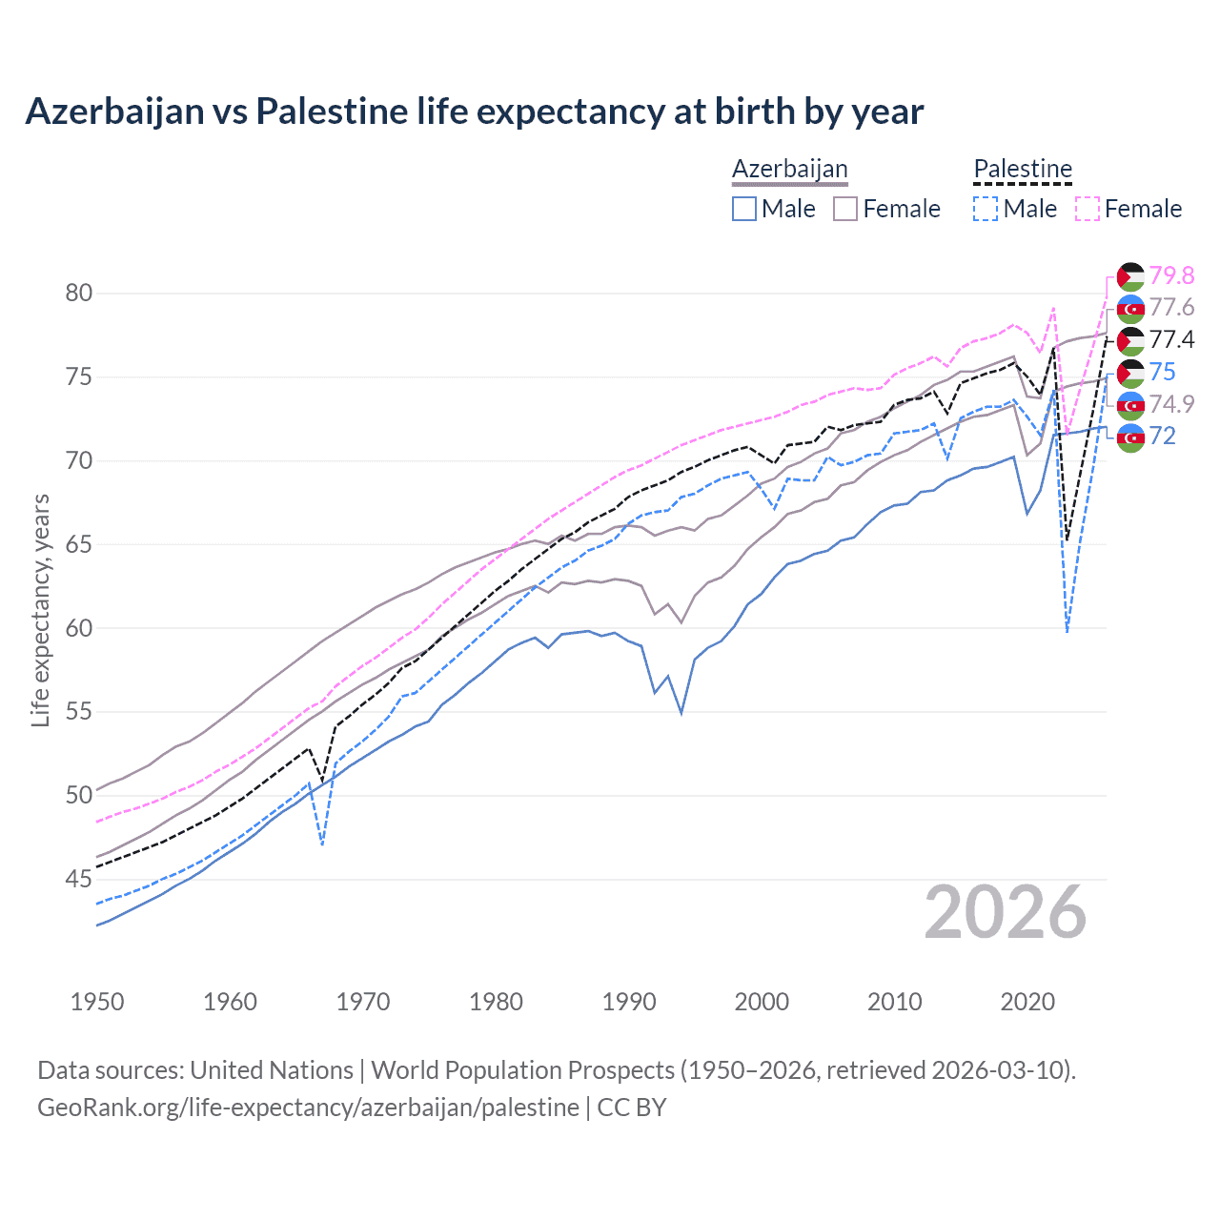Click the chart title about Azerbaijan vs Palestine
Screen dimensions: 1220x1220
474,112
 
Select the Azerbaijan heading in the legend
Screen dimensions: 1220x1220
789,169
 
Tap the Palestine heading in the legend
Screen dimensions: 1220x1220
1023,169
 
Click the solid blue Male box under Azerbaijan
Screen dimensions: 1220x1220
744,209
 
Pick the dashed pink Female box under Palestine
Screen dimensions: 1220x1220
1088,209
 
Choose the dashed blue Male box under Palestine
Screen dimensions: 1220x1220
986,209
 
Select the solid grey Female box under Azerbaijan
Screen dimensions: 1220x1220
845,209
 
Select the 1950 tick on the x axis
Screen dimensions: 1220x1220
97,1002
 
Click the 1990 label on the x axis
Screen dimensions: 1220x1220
629,1002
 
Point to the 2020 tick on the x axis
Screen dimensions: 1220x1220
1027,1002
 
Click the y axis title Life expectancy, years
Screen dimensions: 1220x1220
40,610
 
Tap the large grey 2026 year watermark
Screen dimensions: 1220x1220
1006,913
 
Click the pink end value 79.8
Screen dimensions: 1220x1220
1171,275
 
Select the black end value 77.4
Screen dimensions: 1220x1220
1171,340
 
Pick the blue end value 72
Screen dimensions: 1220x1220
1162,437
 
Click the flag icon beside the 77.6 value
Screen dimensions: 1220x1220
1130,309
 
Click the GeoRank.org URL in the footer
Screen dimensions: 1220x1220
308,1108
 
